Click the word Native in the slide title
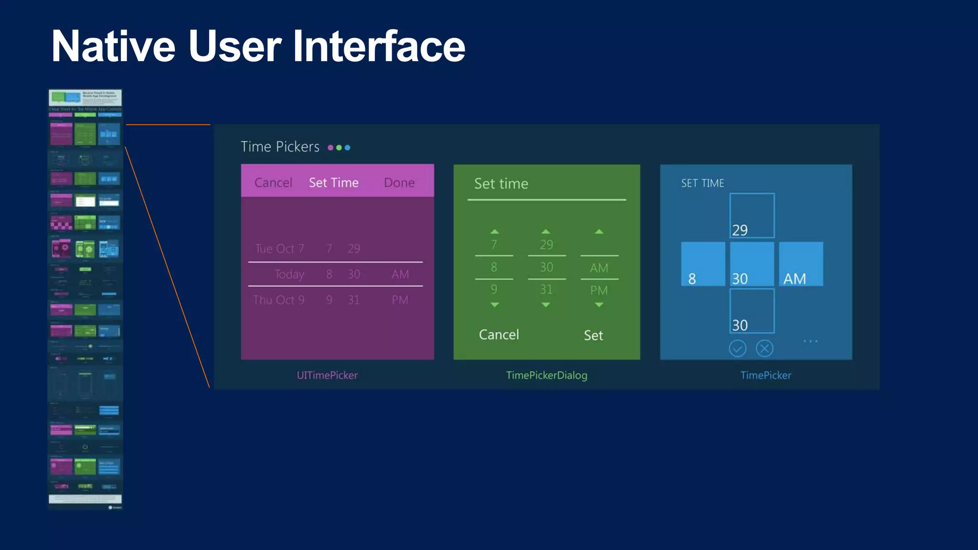point(114,46)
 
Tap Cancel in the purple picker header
point(273,182)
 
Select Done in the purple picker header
point(399,182)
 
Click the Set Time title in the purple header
point(333,182)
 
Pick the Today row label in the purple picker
point(289,274)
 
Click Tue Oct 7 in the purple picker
point(279,248)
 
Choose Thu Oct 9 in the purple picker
point(278,300)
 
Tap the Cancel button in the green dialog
point(499,335)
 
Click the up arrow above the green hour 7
point(494,232)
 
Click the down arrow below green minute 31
point(546,305)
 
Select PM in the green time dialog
point(599,290)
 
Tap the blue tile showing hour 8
point(703,264)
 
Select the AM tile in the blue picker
point(801,264)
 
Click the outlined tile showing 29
point(752,216)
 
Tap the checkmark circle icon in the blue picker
point(737,349)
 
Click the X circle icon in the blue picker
point(765,349)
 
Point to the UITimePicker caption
point(327,375)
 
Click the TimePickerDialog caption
point(547,375)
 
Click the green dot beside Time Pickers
point(339,148)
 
